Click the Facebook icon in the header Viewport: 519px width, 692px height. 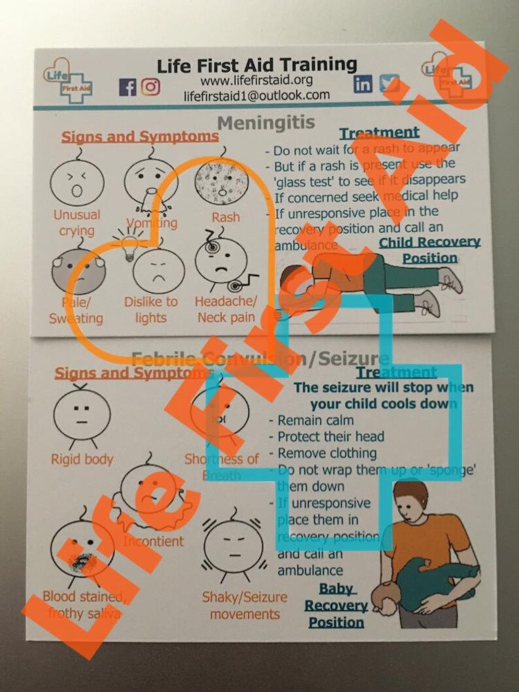click(127, 86)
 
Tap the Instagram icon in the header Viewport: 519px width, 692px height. click(150, 86)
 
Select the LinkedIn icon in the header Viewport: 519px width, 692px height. click(363, 84)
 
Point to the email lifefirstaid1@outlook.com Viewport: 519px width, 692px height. click(256, 95)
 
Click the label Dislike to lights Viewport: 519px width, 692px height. click(151, 310)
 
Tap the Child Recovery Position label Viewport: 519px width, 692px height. click(430, 250)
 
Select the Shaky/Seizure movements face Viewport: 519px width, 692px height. click(233, 551)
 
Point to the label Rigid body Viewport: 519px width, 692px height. click(82, 459)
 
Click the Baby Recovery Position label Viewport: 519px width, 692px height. click(336, 605)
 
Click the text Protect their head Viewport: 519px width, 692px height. click(330, 437)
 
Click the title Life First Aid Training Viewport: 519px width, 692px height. click(257, 65)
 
